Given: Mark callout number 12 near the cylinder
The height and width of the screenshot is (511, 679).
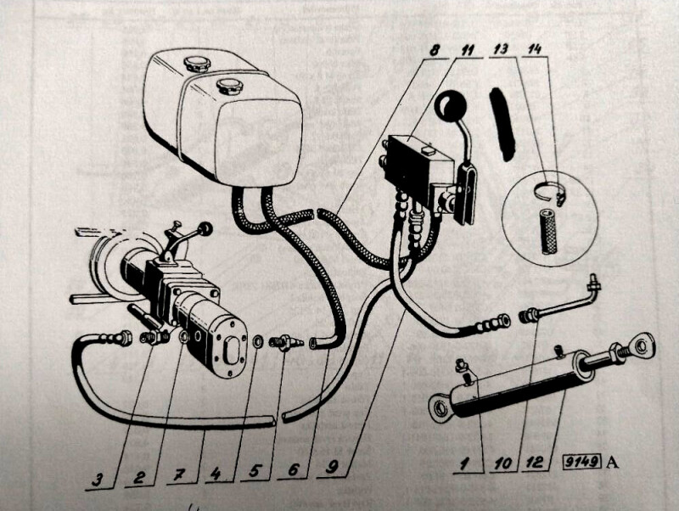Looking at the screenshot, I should (x=533, y=463).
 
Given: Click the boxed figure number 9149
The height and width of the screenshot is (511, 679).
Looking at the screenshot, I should (x=581, y=463).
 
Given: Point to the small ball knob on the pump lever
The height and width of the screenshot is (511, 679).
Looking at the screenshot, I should (x=205, y=228).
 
